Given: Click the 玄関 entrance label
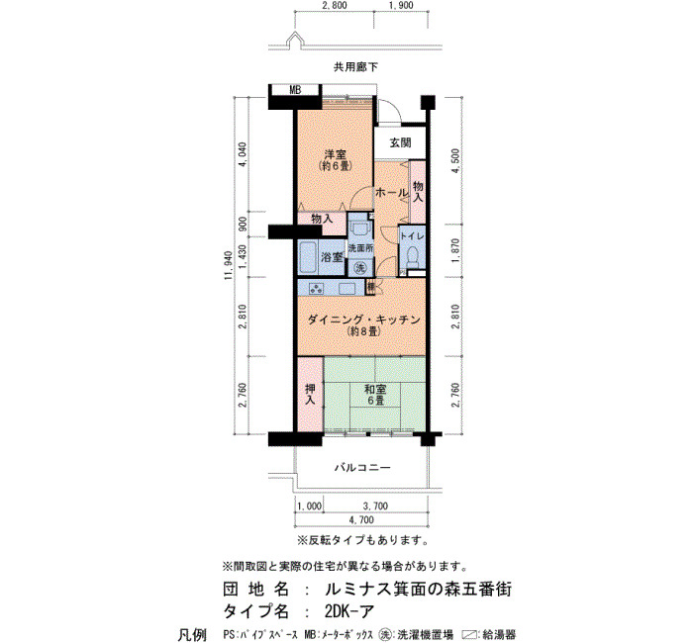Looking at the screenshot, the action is (400, 142).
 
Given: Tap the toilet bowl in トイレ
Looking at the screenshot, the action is (413, 257).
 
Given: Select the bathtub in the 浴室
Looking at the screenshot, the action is (308, 257).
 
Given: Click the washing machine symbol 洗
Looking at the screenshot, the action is (360, 267).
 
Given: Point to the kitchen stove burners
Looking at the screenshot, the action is (317, 288).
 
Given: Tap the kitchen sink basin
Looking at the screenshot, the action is (348, 288).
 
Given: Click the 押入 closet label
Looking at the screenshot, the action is (310, 395).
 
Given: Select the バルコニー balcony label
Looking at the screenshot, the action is (362, 467).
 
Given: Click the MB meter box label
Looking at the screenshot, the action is (295, 90).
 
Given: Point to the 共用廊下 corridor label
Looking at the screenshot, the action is (355, 67).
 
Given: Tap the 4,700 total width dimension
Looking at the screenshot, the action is (361, 519).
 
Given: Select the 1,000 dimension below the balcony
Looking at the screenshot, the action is (309, 506).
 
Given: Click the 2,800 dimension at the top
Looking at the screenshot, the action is (335, 5).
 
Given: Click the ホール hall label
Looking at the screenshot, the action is (392, 193).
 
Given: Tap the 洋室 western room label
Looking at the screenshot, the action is (336, 154).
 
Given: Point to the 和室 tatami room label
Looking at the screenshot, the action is (375, 389).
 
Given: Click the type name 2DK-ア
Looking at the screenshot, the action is (349, 611).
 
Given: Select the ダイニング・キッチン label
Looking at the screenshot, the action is (363, 320).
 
